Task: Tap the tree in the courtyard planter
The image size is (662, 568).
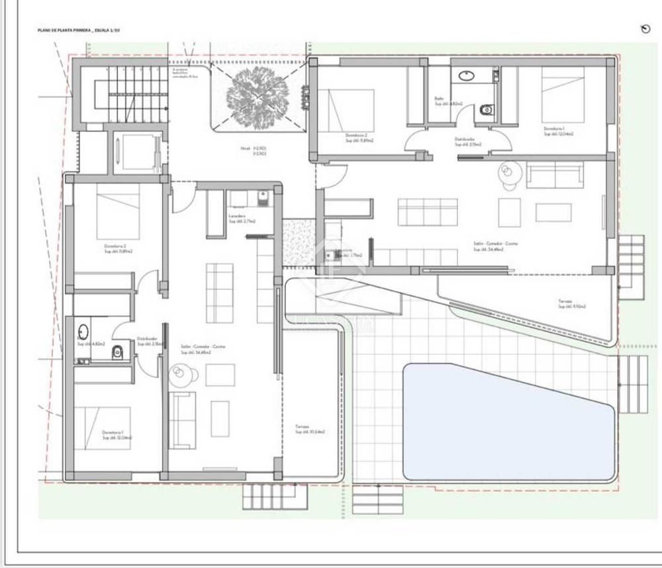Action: (x=257, y=98)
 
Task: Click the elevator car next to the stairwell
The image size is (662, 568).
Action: (x=137, y=153)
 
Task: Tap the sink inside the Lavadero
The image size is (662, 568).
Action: (x=262, y=197)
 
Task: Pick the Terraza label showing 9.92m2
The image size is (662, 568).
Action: (x=572, y=304)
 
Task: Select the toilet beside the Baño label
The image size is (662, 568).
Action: (x=487, y=109)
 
